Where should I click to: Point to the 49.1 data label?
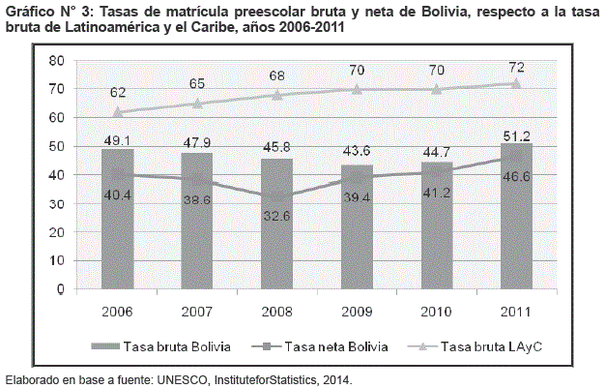pyautogui.click(x=117, y=139)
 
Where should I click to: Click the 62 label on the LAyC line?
pyautogui.click(x=117, y=93)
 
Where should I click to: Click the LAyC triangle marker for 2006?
pyautogui.click(x=117, y=111)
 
